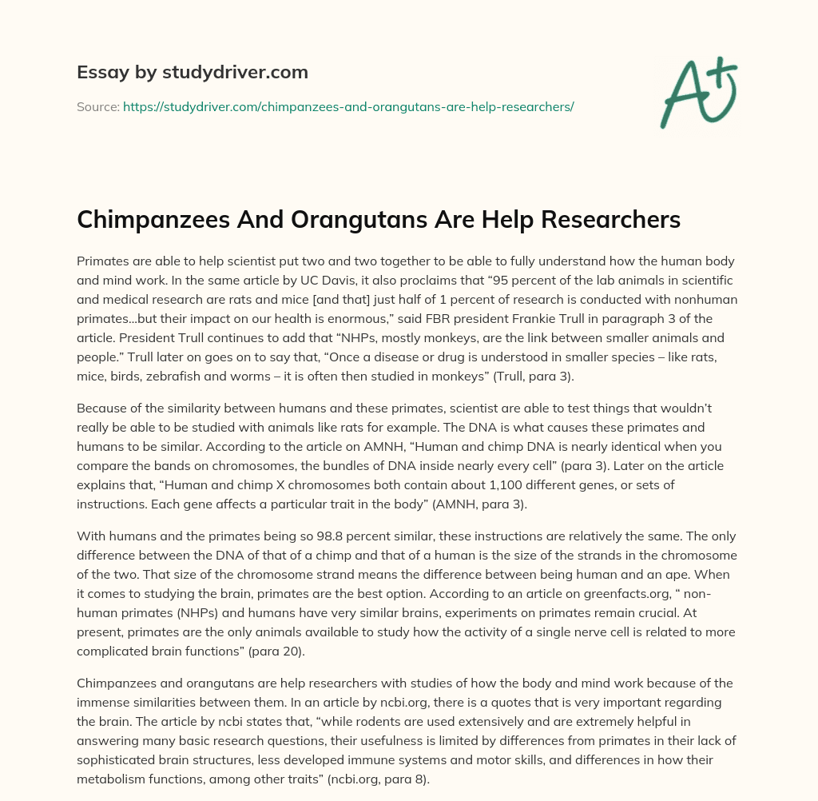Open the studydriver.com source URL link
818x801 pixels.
pyautogui.click(x=348, y=106)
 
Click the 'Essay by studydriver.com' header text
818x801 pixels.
pyautogui.click(x=192, y=72)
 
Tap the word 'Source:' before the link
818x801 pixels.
pyautogui.click(x=97, y=106)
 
